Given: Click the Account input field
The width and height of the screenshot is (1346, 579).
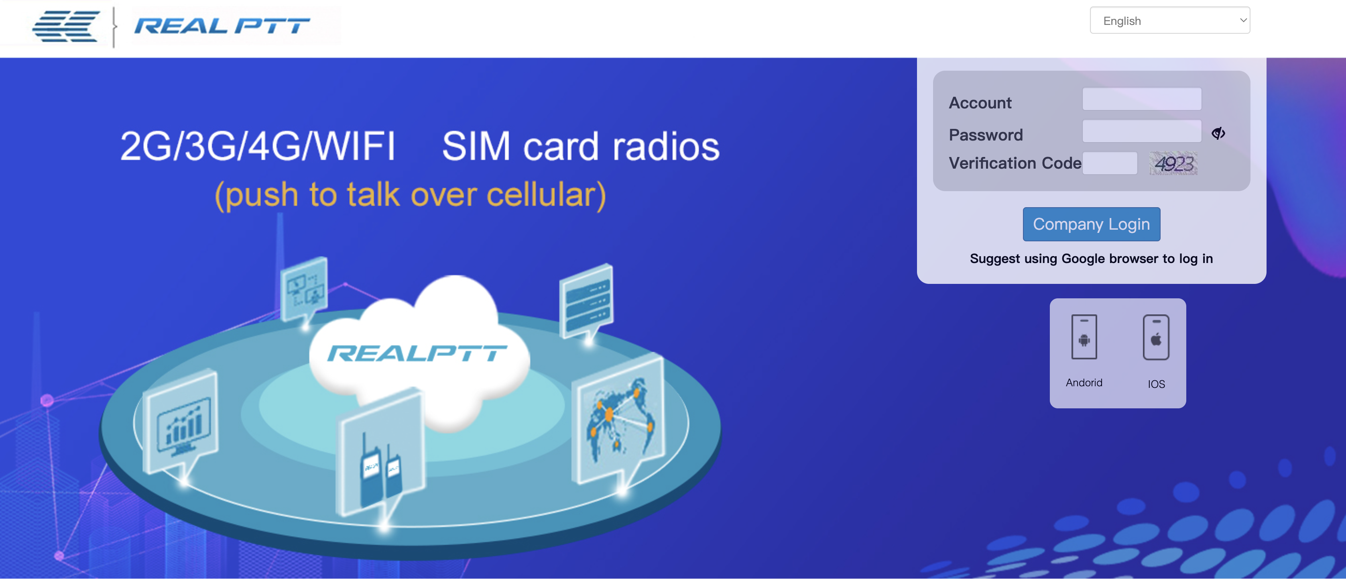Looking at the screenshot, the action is [1142, 99].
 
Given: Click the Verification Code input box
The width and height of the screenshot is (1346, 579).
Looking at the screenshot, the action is [1110, 163].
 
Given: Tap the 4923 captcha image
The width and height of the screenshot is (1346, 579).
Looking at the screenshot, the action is [1173, 163].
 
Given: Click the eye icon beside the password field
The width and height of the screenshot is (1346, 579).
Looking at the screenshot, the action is [1218, 133].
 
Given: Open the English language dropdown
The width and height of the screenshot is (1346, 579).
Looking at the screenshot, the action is [1170, 20].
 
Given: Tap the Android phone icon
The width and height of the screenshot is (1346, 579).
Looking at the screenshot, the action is [1084, 336].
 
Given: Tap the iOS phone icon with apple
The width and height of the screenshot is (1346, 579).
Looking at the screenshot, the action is [1156, 337].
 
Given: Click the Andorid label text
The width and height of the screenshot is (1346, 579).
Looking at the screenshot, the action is [1084, 383].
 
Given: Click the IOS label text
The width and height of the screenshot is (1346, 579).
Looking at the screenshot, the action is [1156, 384].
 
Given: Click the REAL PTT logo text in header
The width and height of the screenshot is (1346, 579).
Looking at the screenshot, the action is [222, 26].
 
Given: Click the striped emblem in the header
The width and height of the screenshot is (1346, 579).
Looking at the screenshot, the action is [66, 26].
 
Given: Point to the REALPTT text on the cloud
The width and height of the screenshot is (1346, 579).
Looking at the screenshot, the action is [417, 354].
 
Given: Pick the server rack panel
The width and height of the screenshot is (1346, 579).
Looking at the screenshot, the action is [587, 302].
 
